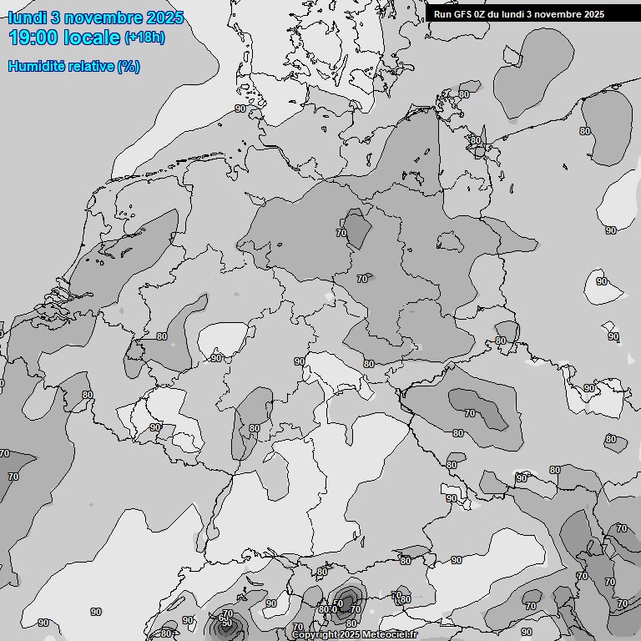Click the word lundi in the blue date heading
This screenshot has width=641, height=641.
click(28, 18)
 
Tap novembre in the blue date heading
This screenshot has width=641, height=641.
click(103, 18)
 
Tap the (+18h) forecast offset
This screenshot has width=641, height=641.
click(144, 38)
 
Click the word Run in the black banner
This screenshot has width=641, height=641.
click(442, 14)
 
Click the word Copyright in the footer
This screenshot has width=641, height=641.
click(315, 635)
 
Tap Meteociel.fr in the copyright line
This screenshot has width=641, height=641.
click(390, 635)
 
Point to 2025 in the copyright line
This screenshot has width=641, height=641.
click(351, 635)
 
